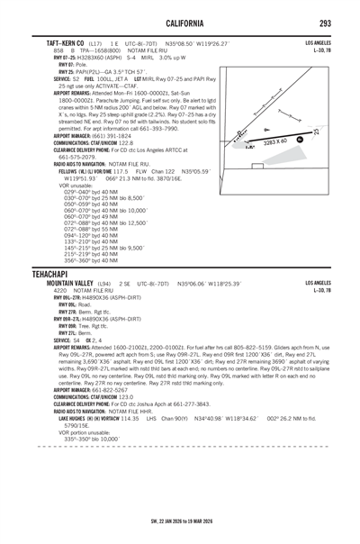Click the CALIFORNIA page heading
point(180,21)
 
